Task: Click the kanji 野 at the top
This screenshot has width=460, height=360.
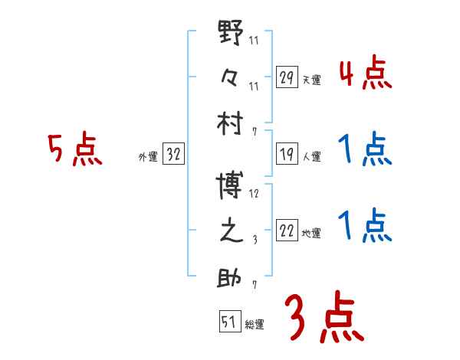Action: click(x=231, y=34)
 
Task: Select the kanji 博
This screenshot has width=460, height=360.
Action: click(x=231, y=186)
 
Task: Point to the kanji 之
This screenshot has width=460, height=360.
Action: click(x=231, y=231)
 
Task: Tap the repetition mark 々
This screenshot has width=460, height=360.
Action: click(x=231, y=77)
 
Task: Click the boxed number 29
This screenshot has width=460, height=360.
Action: click(x=287, y=77)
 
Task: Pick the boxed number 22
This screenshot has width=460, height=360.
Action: click(x=287, y=231)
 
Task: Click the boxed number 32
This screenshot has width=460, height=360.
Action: click(x=173, y=155)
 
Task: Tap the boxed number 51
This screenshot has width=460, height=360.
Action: click(x=229, y=322)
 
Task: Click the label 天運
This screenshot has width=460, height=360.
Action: click(x=312, y=80)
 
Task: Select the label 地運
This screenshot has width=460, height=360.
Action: click(x=312, y=234)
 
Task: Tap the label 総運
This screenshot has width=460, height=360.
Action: click(x=255, y=324)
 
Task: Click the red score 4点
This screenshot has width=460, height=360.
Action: click(x=365, y=74)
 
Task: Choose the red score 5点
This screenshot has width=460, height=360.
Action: click(x=74, y=149)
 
